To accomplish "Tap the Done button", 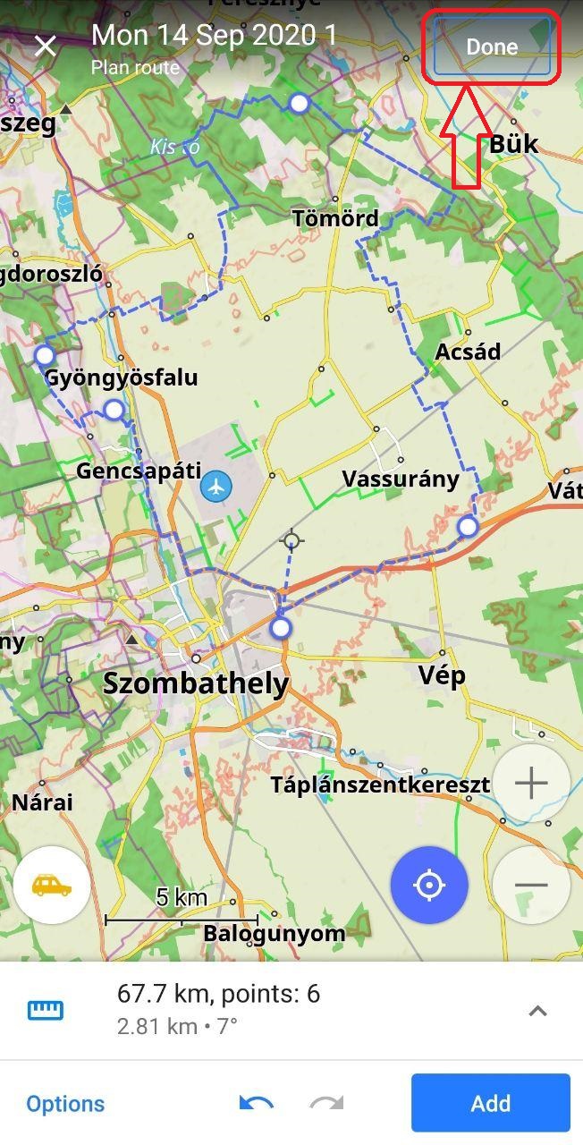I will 491,47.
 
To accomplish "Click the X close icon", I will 46,46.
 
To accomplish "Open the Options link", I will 65,1104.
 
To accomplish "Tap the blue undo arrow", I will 257,1104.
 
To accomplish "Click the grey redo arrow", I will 326,1104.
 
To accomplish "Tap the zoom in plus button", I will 531,784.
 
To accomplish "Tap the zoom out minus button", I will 531,886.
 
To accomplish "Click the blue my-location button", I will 429,886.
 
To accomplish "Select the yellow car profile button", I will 52,886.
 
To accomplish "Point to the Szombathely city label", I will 196,684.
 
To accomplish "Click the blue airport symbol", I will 215,487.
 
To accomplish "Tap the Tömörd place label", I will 335,218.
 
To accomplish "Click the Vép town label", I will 442,675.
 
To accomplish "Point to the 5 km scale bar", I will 182,918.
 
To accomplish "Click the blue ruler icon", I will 45,1011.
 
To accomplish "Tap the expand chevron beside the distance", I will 537,1011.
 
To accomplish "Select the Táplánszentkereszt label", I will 380,785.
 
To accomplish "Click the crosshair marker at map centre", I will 291,540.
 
